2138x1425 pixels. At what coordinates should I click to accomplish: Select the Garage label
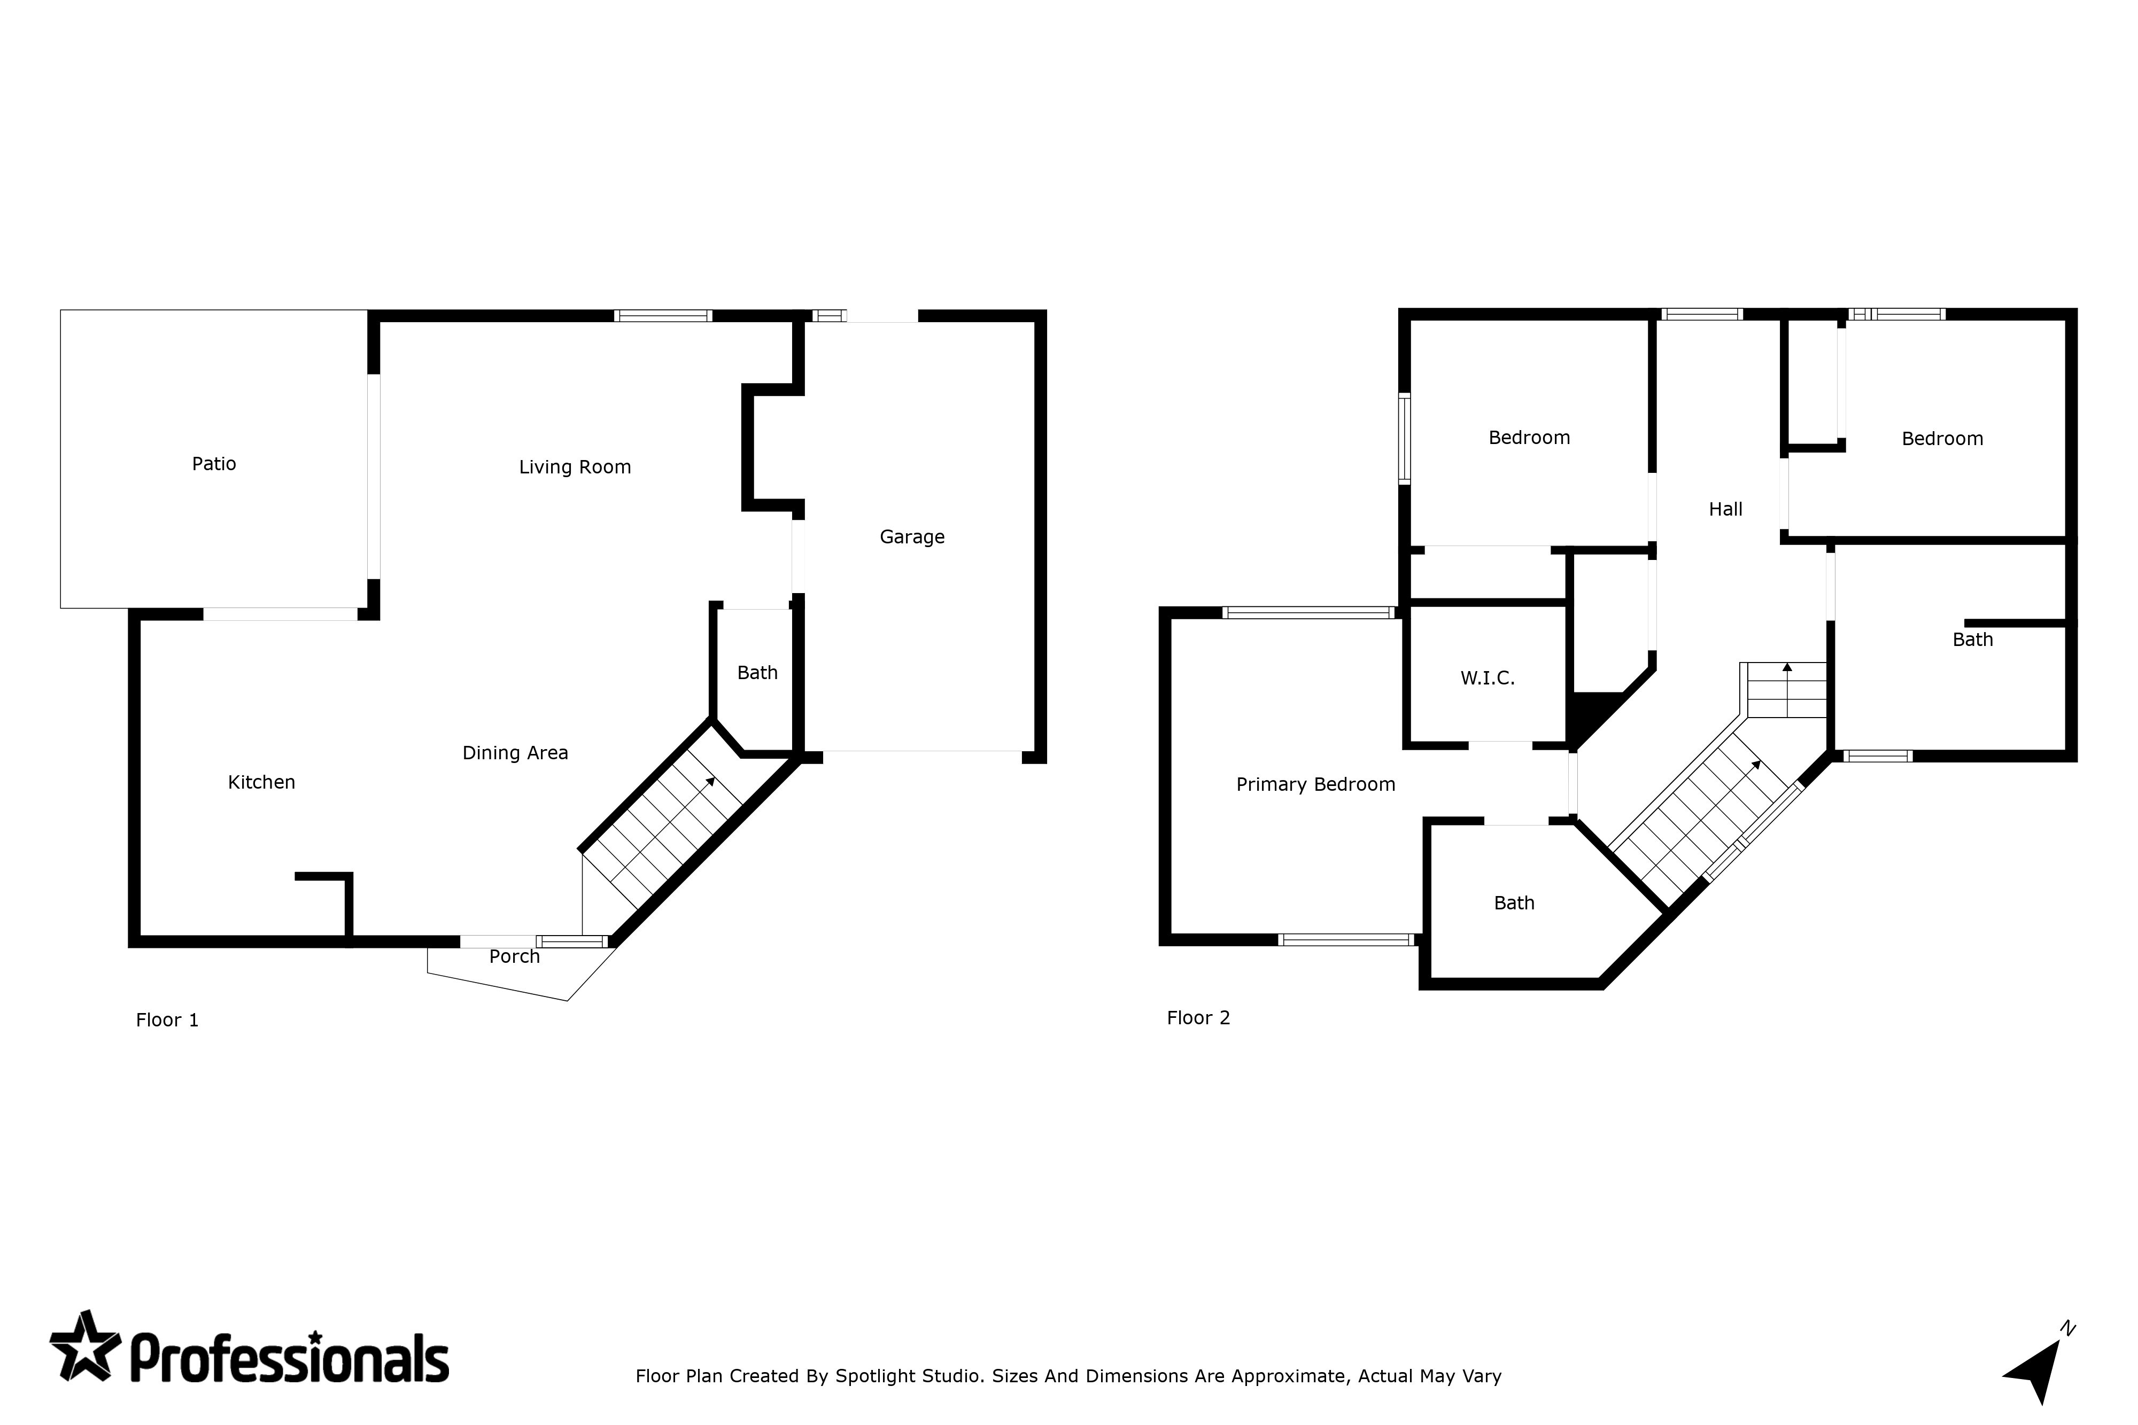[912, 537]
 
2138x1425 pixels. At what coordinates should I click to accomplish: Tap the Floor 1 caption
[167, 1021]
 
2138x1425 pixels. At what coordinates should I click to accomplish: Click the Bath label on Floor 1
[757, 673]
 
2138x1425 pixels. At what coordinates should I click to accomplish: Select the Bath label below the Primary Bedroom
[1514, 904]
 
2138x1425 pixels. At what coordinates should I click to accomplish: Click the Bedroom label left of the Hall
[1529, 438]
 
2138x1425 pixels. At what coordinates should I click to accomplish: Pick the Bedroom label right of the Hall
[1942, 439]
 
